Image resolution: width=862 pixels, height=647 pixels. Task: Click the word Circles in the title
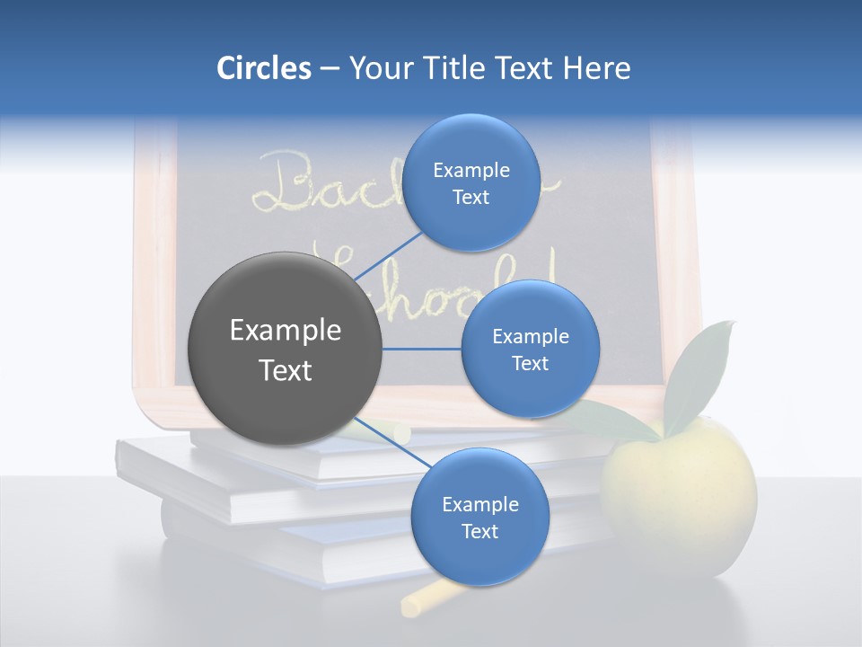[263, 68]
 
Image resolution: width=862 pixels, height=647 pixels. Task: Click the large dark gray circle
[285, 349]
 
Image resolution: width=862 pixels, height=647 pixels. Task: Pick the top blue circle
[471, 182]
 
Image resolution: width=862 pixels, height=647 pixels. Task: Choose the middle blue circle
[530, 349]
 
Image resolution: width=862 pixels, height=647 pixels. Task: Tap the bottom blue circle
[479, 517]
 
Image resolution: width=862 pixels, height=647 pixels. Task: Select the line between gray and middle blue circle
[422, 349]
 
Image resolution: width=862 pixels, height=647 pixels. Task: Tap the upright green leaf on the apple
[700, 368]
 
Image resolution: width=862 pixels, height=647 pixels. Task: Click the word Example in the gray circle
[286, 331]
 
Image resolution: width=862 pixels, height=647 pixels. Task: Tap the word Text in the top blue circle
[471, 198]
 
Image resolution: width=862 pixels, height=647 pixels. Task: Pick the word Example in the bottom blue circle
[479, 504]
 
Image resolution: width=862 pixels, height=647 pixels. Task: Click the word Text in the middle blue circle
[530, 364]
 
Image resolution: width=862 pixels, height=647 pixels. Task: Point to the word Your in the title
[378, 68]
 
